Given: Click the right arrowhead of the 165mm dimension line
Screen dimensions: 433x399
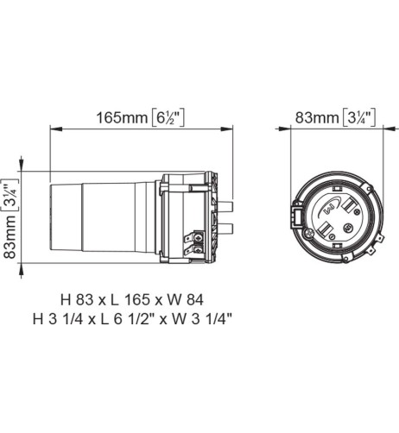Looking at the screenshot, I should point(231,129).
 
